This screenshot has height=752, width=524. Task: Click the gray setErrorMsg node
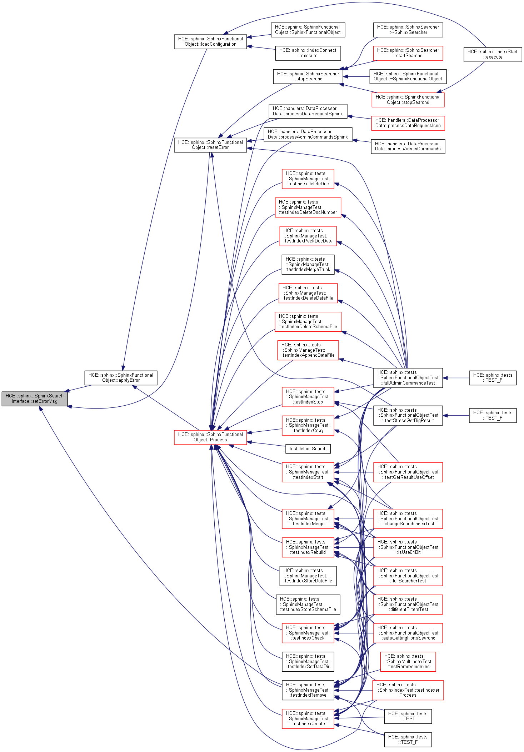tap(34, 398)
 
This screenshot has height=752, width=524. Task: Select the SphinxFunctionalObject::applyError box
tap(121, 378)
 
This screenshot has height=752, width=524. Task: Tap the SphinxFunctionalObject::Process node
tap(210, 437)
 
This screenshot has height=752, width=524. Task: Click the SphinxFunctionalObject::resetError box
tap(210, 145)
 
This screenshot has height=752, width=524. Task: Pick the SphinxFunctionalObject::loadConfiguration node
tap(210, 41)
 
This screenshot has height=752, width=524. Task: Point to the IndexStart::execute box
tap(493, 54)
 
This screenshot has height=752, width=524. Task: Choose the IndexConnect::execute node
tap(308, 53)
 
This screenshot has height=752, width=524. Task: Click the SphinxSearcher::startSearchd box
tap(408, 53)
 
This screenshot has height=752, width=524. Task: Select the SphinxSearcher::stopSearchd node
tap(308, 76)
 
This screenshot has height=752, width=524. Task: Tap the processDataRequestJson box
tap(408, 123)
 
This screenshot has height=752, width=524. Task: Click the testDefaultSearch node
tap(308, 448)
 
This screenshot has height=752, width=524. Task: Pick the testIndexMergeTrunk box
tap(308, 264)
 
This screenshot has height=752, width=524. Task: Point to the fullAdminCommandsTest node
tap(408, 378)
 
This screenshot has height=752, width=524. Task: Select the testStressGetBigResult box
tap(408, 415)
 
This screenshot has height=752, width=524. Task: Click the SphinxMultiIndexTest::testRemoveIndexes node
tap(408, 661)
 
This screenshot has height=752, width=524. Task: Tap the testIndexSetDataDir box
tap(308, 661)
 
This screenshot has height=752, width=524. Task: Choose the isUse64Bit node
tap(408, 547)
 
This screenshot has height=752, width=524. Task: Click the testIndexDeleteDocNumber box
tap(308, 207)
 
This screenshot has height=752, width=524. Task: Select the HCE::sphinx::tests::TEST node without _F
tap(408, 716)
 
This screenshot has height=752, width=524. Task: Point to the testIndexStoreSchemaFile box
tap(308, 604)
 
